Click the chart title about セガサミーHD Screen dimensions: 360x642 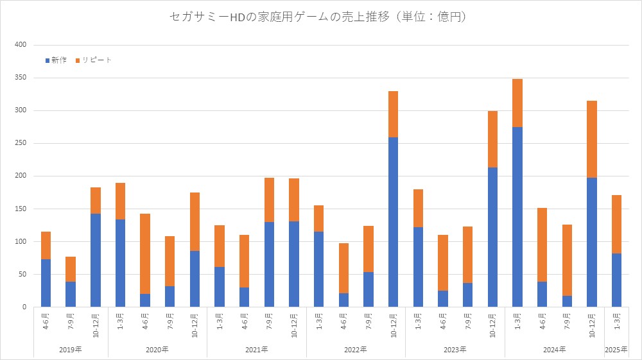[x=318, y=17]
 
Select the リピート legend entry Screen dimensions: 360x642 [x=94, y=60]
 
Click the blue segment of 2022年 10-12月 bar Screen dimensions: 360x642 [x=394, y=222]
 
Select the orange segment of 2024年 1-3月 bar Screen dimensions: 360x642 [x=517, y=103]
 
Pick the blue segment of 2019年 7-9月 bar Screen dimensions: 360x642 [x=71, y=295]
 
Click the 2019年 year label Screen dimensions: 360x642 [x=71, y=349]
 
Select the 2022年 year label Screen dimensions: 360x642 [x=356, y=349]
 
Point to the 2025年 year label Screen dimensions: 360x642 [x=616, y=349]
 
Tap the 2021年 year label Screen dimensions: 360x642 [x=257, y=349]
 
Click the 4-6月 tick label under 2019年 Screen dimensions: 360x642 [x=46, y=321]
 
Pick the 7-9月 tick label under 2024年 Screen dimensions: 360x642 [x=567, y=321]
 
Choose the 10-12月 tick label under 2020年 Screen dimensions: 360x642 [x=195, y=323]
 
